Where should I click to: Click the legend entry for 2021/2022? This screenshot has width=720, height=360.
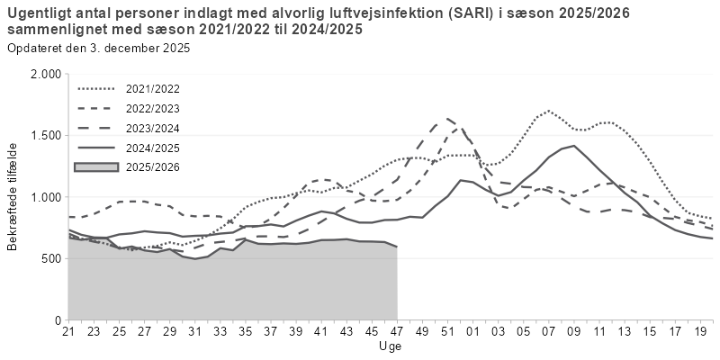154,89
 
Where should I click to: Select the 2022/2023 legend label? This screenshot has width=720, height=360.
154,109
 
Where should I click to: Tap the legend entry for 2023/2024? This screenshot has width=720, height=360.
154,128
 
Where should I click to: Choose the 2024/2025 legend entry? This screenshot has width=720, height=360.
154,148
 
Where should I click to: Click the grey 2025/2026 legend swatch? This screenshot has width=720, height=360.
98,167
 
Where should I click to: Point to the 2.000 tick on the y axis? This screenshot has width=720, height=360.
44,74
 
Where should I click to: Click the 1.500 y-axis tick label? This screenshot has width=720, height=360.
44,136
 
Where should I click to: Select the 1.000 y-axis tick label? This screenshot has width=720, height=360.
44,197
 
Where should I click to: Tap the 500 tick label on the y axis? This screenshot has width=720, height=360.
49,258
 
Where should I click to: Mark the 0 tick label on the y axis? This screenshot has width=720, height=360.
57,320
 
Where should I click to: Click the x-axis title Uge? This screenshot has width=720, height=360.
391,346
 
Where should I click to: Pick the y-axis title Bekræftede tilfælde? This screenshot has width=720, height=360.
13,197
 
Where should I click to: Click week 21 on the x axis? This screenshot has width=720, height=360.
68,333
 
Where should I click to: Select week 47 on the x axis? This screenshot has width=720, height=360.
397,333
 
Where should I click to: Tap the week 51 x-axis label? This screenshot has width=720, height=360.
447,333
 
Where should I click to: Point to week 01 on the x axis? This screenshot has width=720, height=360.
472,333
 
